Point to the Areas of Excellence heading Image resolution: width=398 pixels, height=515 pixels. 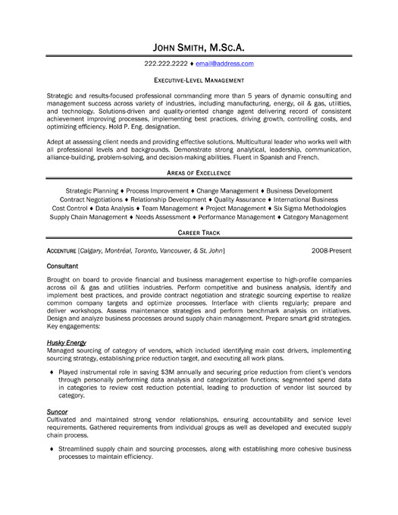[x=199, y=173]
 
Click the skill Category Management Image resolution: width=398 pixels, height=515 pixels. [x=315, y=217]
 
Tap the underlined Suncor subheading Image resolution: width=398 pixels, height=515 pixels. [x=53, y=432]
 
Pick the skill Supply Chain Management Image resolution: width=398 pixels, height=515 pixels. [x=89, y=217]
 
